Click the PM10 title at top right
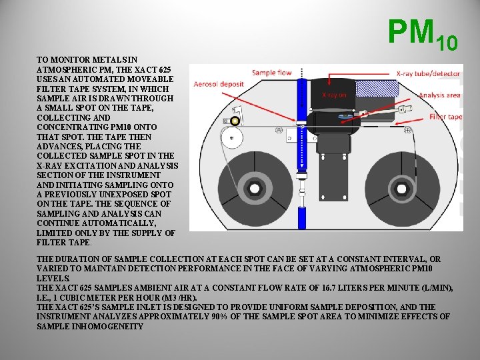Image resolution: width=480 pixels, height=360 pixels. pyautogui.click(x=422, y=35)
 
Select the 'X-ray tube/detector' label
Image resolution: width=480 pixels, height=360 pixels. pyautogui.click(x=427, y=73)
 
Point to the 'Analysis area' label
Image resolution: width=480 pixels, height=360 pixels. pyautogui.click(x=439, y=95)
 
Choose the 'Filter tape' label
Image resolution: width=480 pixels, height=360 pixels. pyautogui.click(x=445, y=117)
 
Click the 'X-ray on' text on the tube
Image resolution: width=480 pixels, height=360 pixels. pyautogui.click(x=334, y=95)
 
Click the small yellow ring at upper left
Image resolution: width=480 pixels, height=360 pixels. pyautogui.click(x=235, y=121)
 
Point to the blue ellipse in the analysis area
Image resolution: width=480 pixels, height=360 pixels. pyautogui.click(x=345, y=116)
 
